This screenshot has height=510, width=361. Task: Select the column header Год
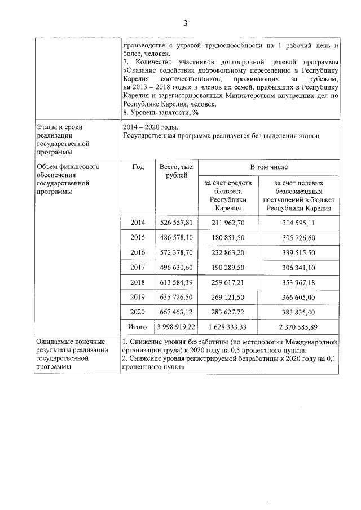[x=138, y=167]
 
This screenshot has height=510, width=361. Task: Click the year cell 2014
[x=138, y=223]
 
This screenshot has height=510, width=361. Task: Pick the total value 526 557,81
[x=177, y=223]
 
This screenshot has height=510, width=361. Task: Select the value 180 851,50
[x=228, y=237]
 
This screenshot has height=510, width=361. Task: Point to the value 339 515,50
[x=298, y=252]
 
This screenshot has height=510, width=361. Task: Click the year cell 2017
[x=138, y=267]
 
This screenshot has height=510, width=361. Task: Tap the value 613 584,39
[x=177, y=282]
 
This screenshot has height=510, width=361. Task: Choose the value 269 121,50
[x=228, y=296]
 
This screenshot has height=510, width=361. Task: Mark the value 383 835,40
[x=298, y=311]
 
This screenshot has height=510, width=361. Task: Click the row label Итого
[x=138, y=326]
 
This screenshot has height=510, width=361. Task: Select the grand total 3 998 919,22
[x=177, y=326]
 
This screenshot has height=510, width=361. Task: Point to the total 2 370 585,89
[x=298, y=326]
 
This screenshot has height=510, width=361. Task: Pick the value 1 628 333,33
[x=228, y=326]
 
